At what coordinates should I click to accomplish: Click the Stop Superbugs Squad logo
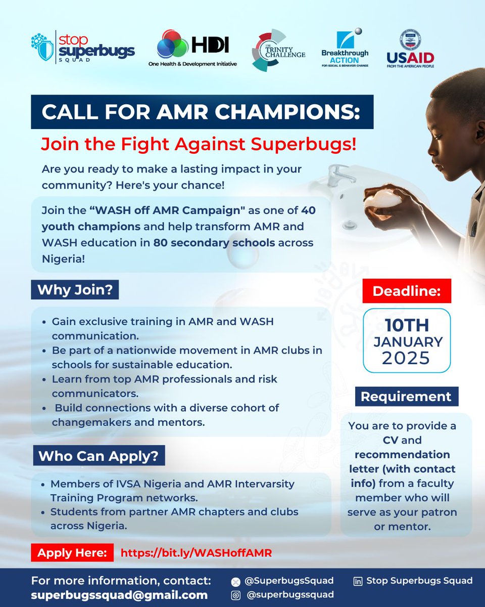tap(82, 46)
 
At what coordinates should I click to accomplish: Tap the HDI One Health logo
tap(192, 49)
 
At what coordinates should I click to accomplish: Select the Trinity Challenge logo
tap(278, 50)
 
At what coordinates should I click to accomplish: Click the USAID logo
tap(410, 49)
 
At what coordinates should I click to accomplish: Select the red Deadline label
tap(406, 291)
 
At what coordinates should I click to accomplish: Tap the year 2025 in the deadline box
tap(406, 358)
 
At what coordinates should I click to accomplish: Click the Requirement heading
tap(406, 397)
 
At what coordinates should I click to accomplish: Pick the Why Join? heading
tap(75, 290)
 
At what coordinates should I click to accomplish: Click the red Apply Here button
tap(72, 552)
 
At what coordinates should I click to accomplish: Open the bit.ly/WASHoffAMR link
tap(196, 553)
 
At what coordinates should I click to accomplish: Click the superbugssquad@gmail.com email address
tap(119, 595)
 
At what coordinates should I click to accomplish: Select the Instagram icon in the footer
tap(234, 595)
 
